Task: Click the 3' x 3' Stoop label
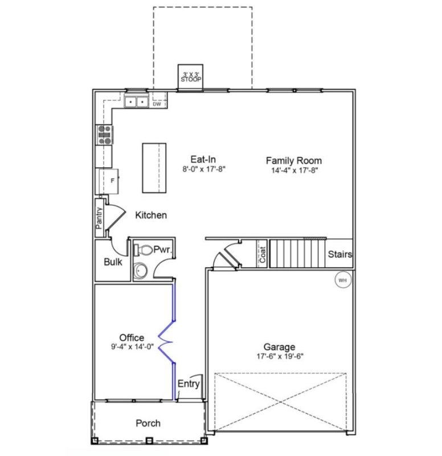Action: pos(191,77)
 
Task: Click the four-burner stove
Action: pos(105,135)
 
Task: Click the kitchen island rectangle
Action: pos(154,168)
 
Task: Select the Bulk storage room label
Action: pos(113,263)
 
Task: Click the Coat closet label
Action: pos(263,254)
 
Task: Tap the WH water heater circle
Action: pos(343,280)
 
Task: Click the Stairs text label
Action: pos(340,254)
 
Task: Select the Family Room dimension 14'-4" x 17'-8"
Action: pos(293,170)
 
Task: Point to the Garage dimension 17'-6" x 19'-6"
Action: pos(279,357)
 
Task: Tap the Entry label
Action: pos(189,384)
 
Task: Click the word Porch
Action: pos(148,424)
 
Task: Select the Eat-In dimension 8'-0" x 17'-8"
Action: pos(202,169)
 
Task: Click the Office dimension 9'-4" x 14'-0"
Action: pos(132,347)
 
